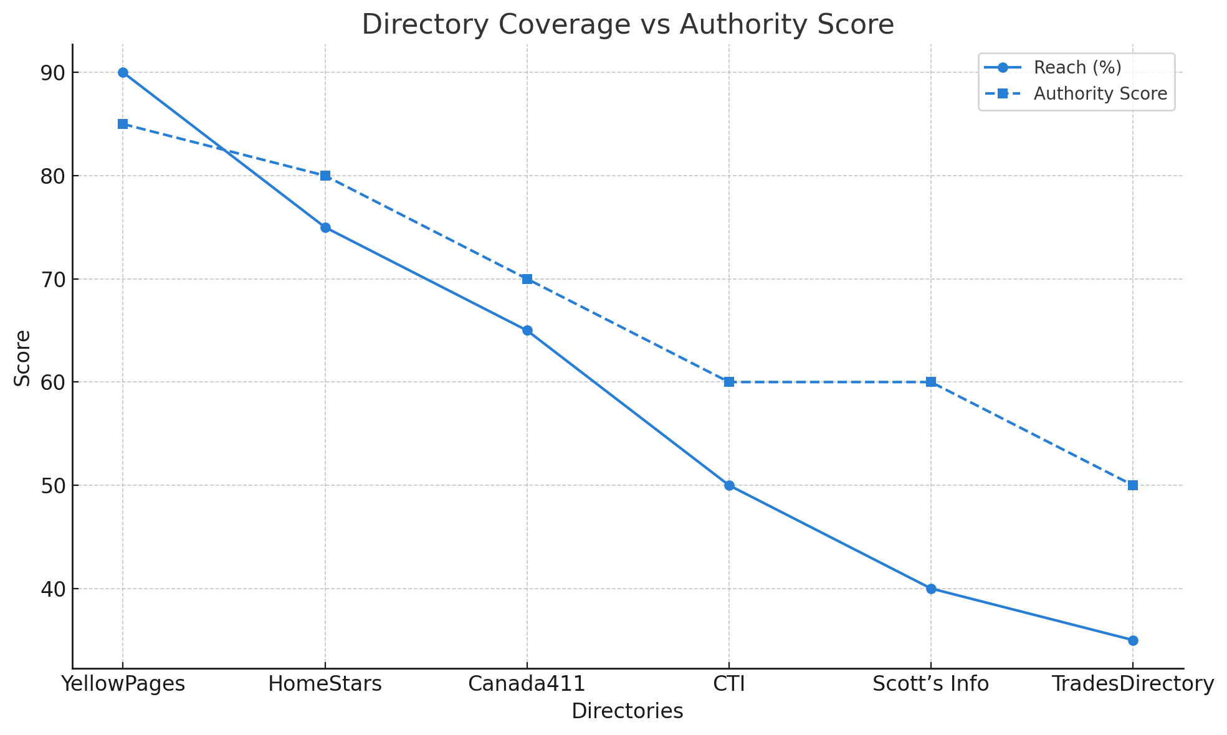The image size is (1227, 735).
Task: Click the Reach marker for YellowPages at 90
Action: pos(123,73)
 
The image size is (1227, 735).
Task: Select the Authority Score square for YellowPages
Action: pos(123,124)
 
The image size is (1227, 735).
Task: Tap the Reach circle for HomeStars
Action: pos(325,227)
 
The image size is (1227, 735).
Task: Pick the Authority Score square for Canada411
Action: pos(527,279)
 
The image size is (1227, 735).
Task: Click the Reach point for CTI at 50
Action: pos(729,485)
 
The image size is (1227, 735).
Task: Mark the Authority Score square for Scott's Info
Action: pos(931,382)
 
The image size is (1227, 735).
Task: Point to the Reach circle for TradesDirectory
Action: pos(1133,640)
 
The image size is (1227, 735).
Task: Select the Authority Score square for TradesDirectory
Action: pos(1133,485)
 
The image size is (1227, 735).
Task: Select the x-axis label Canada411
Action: pos(527,684)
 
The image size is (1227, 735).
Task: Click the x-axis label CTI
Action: pos(729,684)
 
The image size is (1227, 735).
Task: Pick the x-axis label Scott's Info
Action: pos(931,684)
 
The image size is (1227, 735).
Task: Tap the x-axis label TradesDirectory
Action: pos(1133,684)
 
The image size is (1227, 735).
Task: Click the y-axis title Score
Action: pos(22,358)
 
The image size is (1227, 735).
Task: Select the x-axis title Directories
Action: pos(628,711)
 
